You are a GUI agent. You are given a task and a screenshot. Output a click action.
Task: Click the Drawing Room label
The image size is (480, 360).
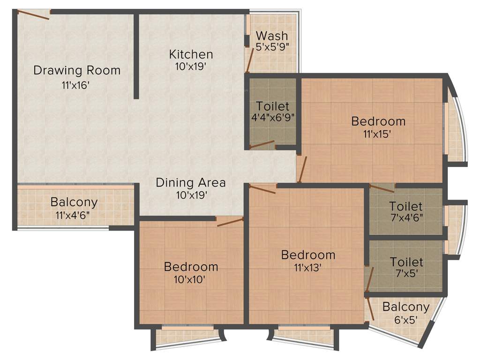pos(77,71)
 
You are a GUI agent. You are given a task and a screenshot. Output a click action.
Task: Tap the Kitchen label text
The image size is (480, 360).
pos(191,54)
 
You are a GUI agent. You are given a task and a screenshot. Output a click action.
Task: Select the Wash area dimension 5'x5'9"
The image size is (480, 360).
pos(272,47)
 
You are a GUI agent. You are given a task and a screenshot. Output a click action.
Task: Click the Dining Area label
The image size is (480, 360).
pos(190,182)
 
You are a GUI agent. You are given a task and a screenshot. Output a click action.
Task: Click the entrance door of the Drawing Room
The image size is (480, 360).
pos(34,15)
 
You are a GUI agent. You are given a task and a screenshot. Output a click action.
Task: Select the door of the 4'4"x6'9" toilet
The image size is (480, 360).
pos(262,144)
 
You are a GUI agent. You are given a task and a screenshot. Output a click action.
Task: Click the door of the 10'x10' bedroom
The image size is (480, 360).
pos(230,222)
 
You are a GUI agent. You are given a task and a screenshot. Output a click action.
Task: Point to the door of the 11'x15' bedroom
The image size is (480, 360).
pos(302,169)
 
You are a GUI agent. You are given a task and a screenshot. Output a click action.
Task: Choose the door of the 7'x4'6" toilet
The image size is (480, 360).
pos(382,188)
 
